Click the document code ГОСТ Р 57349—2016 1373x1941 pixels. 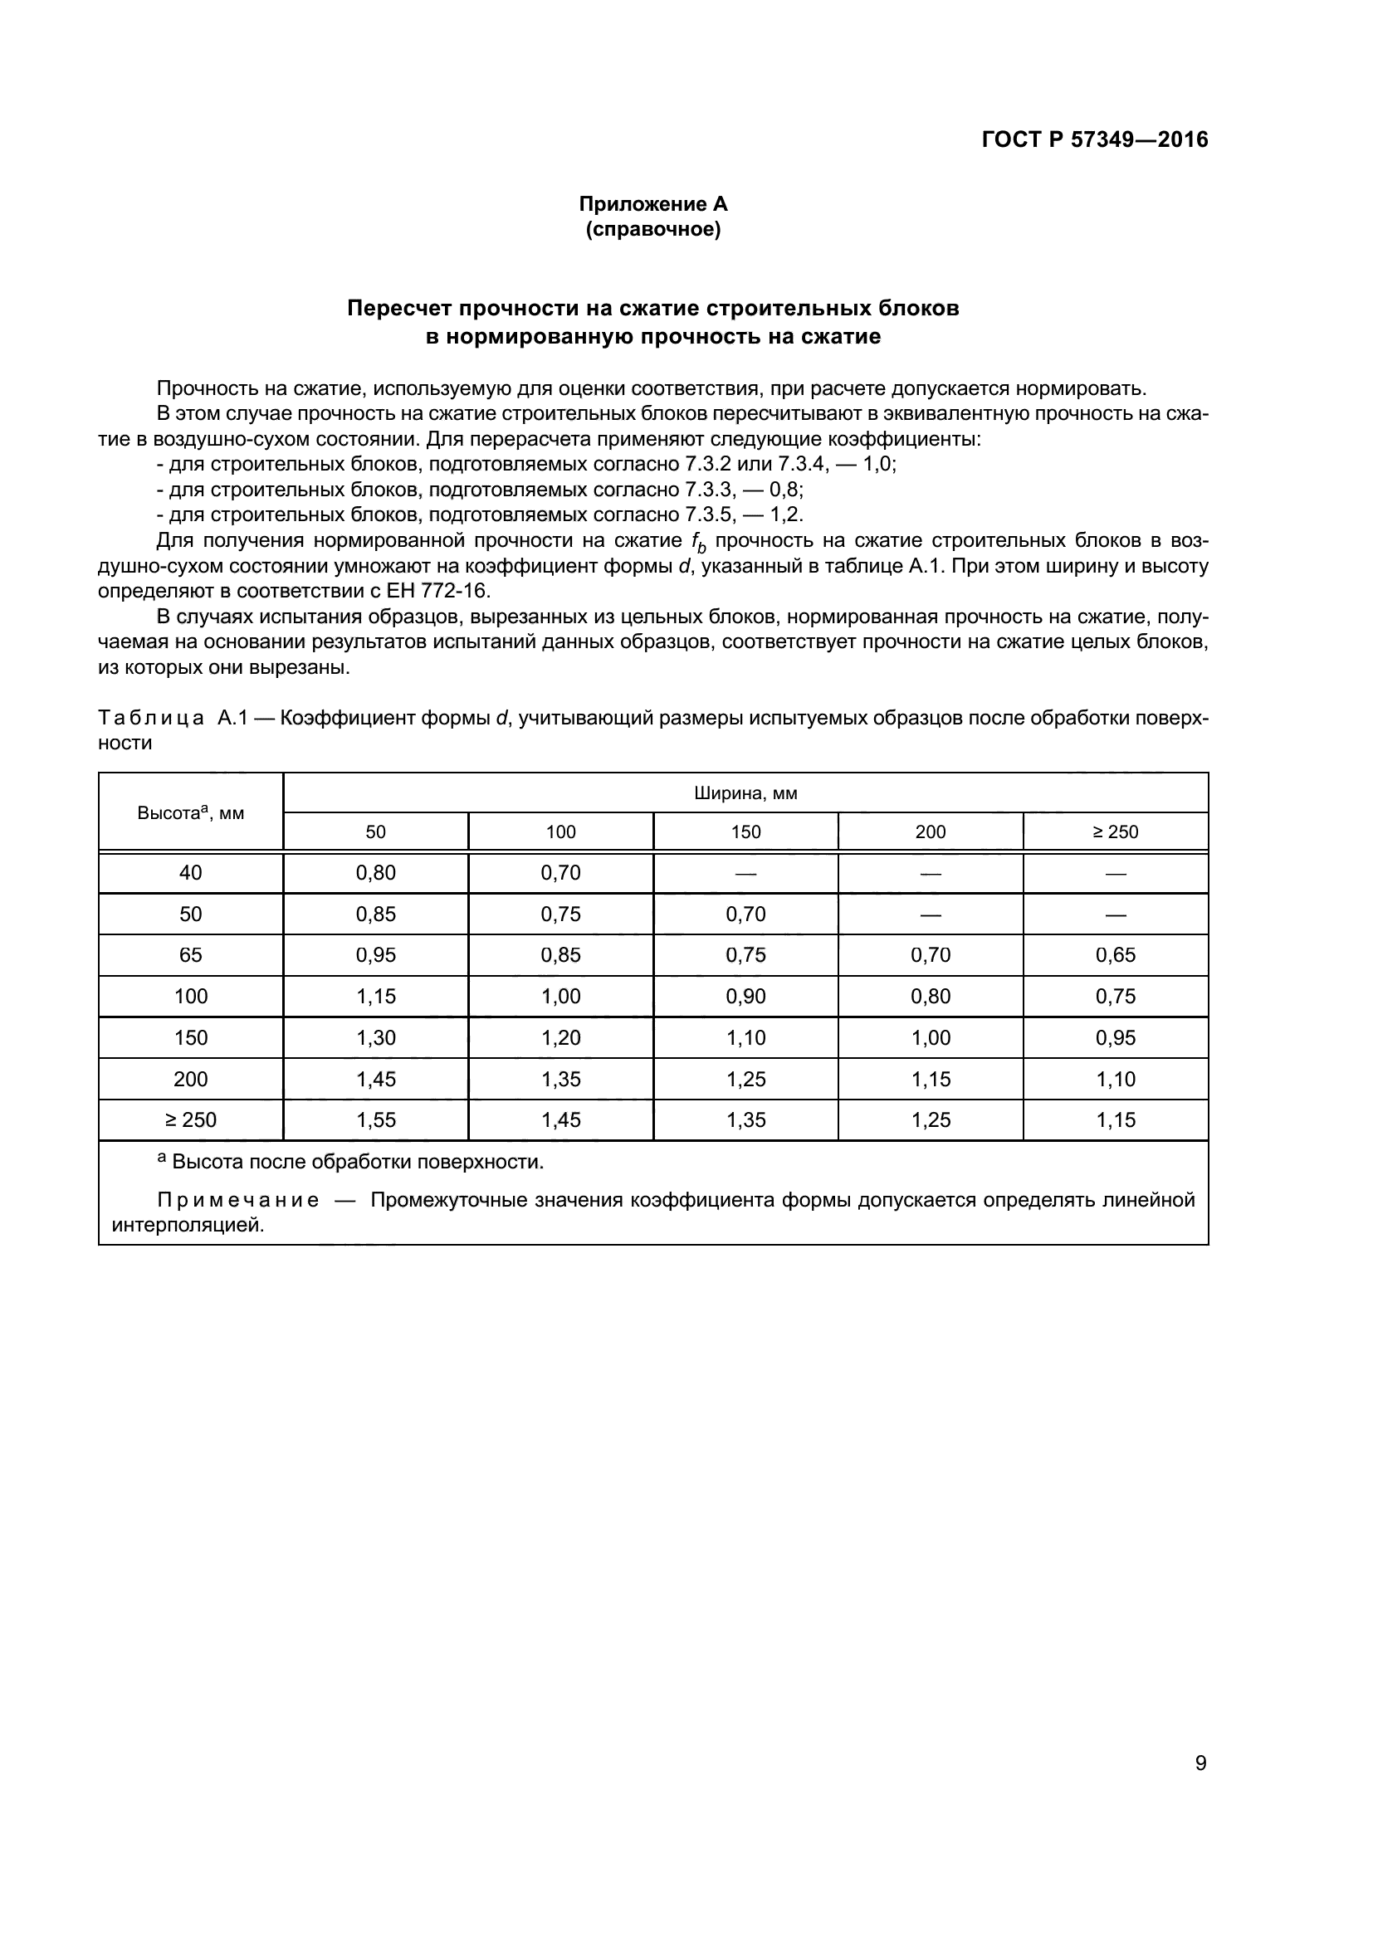click(x=1095, y=139)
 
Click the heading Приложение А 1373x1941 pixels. click(x=652, y=204)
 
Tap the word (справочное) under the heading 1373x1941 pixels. click(x=652, y=229)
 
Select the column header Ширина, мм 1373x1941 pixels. click(x=745, y=793)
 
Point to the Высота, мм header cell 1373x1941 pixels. click(x=190, y=812)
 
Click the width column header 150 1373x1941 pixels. click(x=745, y=832)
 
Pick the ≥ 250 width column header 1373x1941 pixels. click(x=1115, y=832)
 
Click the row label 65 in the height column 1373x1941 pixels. click(x=190, y=955)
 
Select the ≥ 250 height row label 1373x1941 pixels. click(x=190, y=1120)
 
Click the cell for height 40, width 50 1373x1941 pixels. click(x=375, y=872)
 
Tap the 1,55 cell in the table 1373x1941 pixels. click(x=375, y=1120)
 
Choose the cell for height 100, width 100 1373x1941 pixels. click(x=560, y=997)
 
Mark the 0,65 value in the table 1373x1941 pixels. click(x=1115, y=955)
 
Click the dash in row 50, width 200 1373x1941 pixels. click(x=930, y=914)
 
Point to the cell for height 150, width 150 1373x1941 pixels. click(x=745, y=1038)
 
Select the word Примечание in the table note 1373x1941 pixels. click(x=238, y=1201)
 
